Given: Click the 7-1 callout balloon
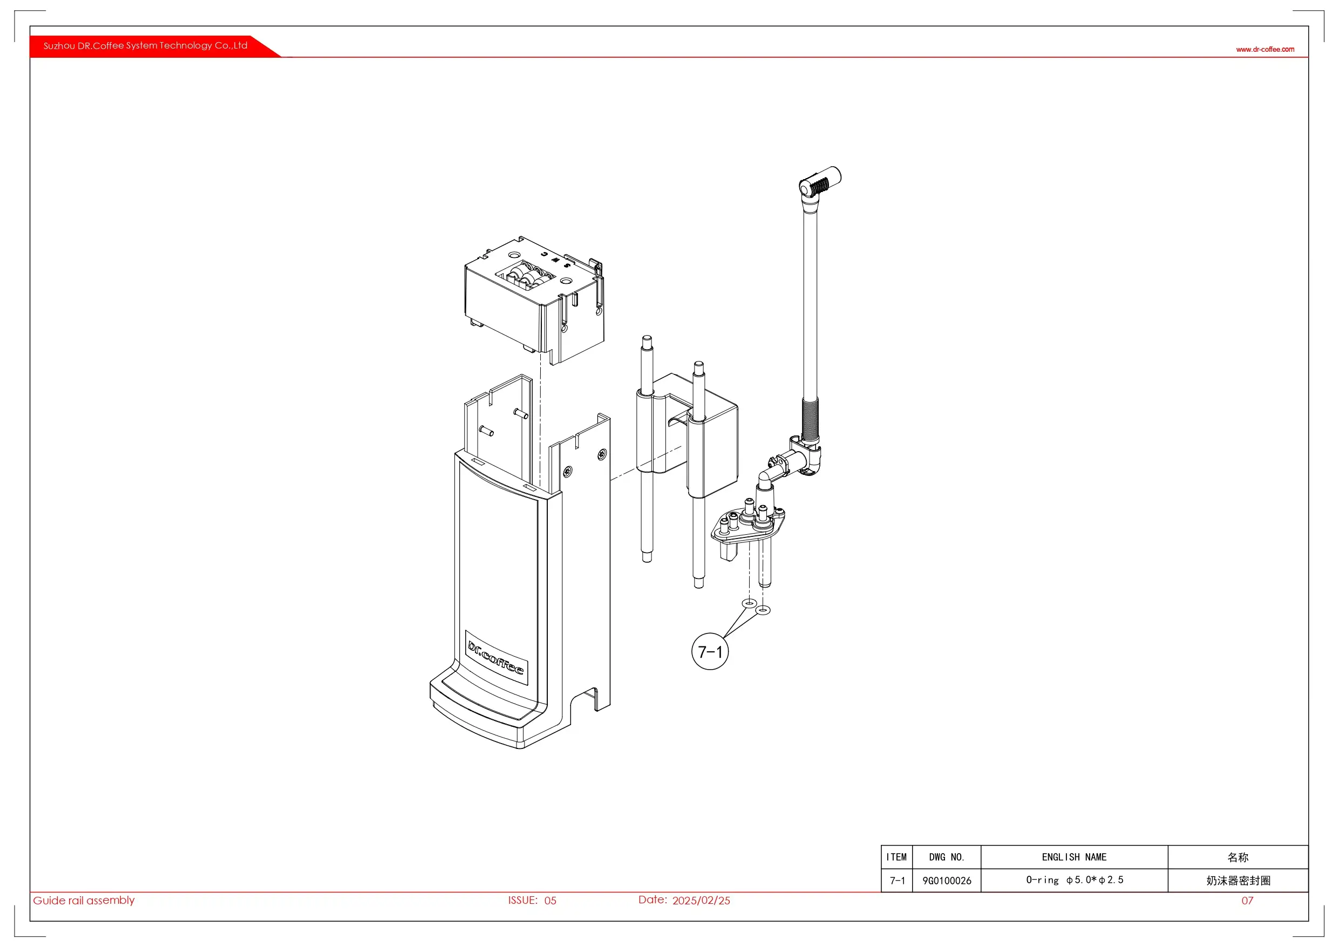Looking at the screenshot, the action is (710, 651).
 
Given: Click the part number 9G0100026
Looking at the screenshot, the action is (947, 881).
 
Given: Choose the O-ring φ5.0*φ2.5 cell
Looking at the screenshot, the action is (1074, 880).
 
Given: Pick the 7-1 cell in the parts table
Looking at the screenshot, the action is (897, 881).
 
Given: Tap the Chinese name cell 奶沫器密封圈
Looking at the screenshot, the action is (1238, 881).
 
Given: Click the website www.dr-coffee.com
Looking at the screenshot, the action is (1265, 50).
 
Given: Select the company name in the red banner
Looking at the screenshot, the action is (145, 45).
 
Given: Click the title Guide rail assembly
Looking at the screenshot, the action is (84, 901).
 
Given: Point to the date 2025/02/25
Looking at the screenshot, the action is (701, 901).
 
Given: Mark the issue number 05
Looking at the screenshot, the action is (550, 901).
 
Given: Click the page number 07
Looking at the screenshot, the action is (1247, 901).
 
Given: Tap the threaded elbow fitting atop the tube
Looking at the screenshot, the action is (819, 182).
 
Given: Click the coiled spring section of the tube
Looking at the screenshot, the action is (810, 419).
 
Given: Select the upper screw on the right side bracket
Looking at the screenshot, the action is (602, 454).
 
